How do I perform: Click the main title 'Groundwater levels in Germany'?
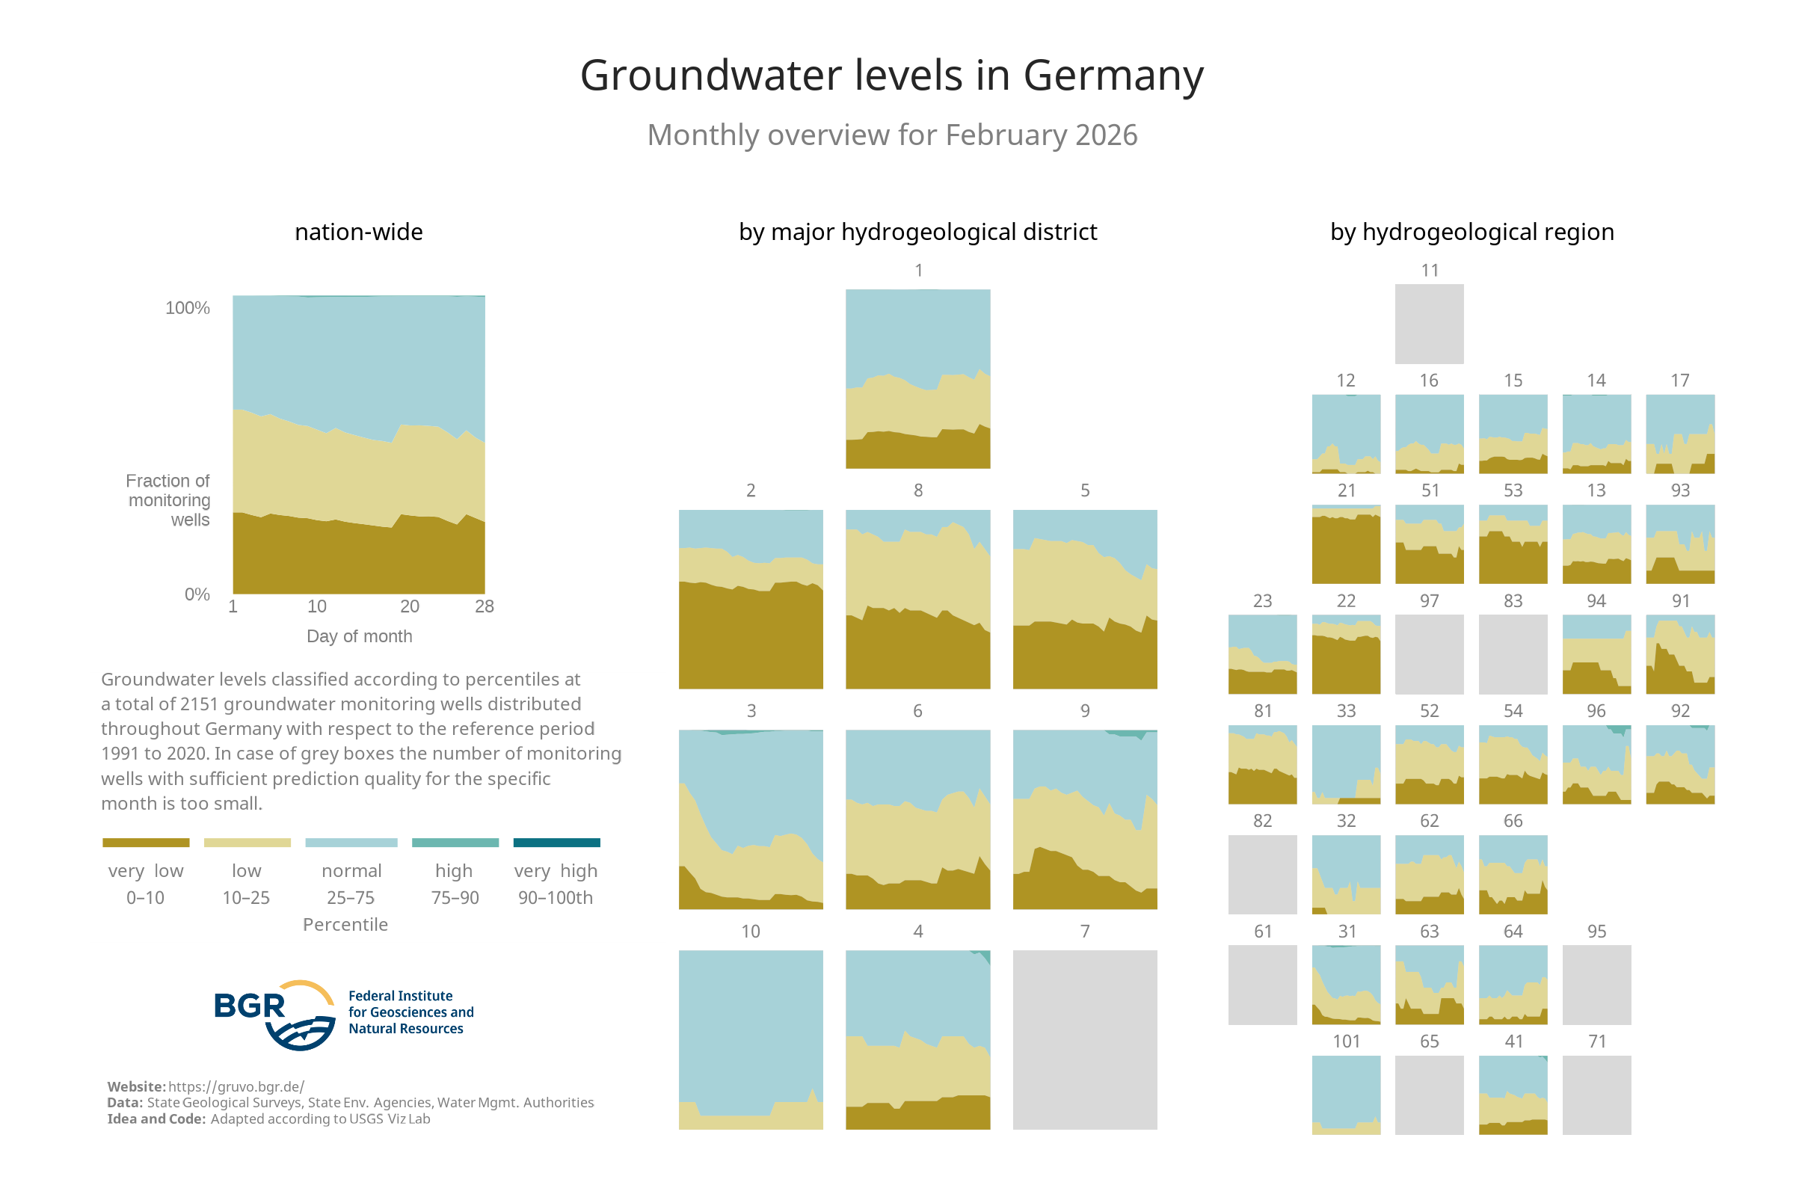pos(891,76)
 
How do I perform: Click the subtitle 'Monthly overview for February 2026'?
pos(891,135)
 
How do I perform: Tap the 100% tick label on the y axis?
pos(187,307)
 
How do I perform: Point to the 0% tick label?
pos(197,594)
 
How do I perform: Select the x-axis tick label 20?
pos(409,606)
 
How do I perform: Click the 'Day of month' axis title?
pos(359,636)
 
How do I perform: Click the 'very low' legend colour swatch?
pos(146,842)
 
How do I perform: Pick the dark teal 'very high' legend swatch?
pos(556,842)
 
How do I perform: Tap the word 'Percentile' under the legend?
pos(345,924)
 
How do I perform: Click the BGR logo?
pos(274,1014)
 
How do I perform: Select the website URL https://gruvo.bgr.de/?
pos(236,1086)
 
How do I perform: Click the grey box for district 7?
pos(1084,1039)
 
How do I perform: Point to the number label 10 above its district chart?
pos(750,932)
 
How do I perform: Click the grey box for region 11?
pos(1428,324)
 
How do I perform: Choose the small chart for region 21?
pos(1345,544)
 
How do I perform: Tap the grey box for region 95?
pos(1596,984)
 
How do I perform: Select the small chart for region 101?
pos(1345,1094)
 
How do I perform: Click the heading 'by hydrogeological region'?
pos(1471,232)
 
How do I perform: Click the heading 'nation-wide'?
pos(359,232)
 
